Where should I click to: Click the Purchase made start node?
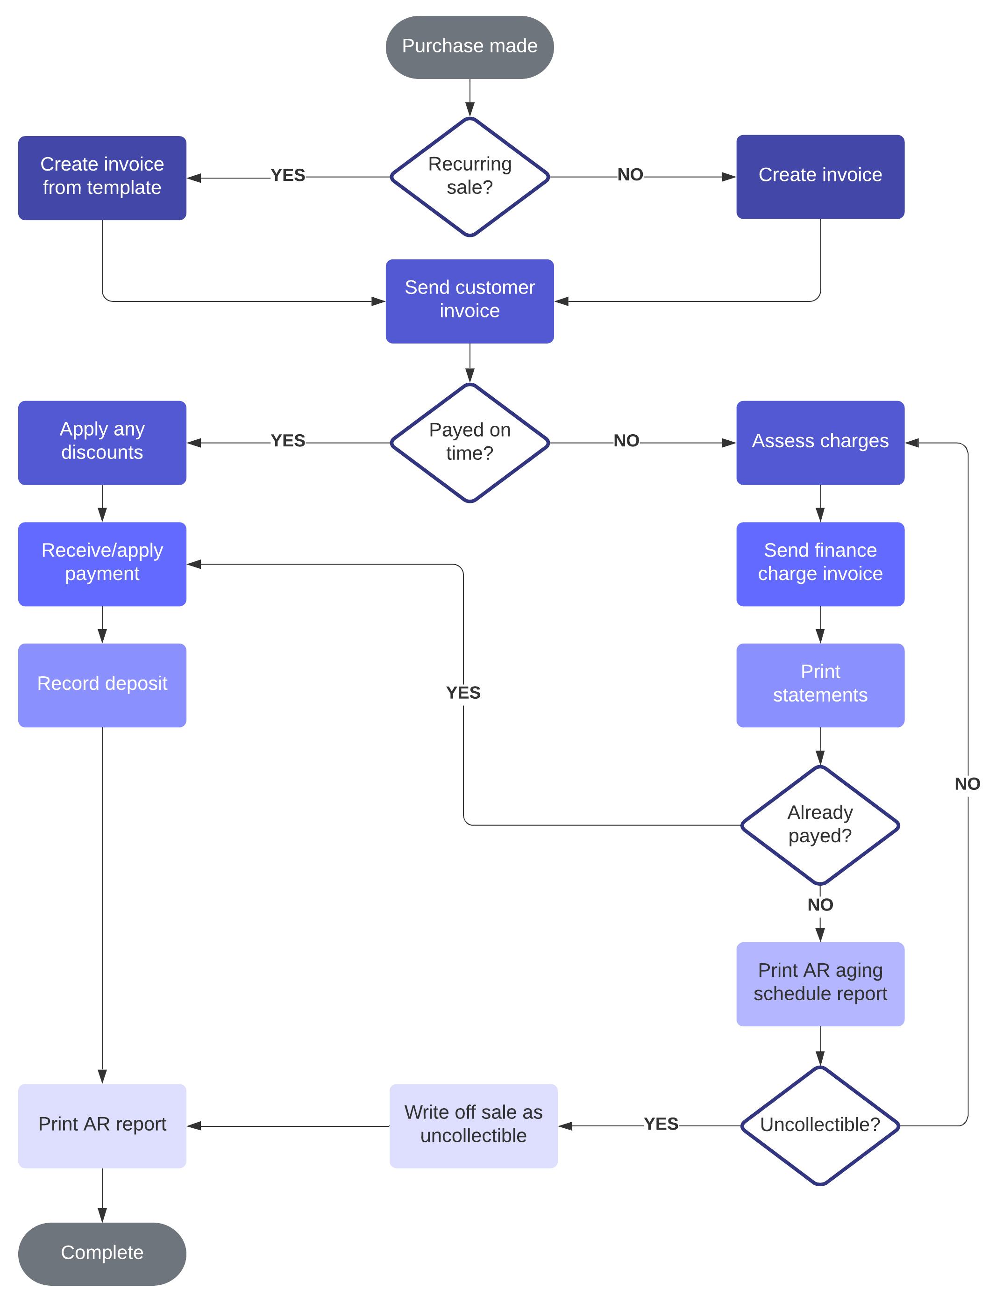(470, 47)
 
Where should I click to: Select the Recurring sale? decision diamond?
(470, 176)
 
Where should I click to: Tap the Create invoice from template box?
(102, 177)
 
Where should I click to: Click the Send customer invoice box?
(470, 301)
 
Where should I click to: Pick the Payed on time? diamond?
(470, 442)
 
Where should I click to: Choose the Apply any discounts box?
(102, 442)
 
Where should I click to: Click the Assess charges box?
(820, 442)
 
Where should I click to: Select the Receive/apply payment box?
(102, 563)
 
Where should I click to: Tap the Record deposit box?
(102, 685)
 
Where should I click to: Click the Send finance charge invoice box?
(820, 563)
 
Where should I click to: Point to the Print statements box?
(820, 685)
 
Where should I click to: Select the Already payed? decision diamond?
(820, 825)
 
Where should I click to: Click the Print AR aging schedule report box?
(820, 984)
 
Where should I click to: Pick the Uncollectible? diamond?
(820, 1125)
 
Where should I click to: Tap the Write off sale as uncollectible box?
(473, 1125)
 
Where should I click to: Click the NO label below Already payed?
(820, 905)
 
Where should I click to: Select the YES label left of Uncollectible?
(661, 1124)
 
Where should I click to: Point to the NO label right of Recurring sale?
(630, 175)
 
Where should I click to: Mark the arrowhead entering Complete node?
(102, 1215)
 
